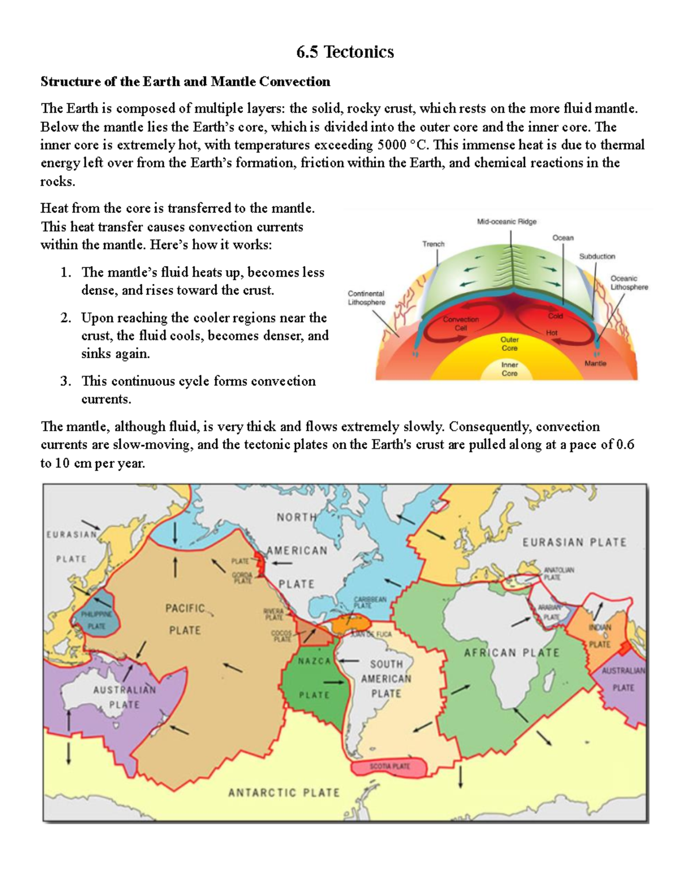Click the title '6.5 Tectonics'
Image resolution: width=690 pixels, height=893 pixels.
(345, 52)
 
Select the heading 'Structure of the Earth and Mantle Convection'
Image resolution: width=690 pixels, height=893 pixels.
(185, 82)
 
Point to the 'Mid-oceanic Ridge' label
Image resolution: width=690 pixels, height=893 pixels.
(507, 221)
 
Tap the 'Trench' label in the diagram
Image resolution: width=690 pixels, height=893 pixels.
(434, 244)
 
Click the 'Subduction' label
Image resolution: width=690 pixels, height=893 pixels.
(597, 256)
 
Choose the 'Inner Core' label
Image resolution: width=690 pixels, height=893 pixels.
(509, 369)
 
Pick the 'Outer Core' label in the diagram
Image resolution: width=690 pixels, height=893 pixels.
(509, 344)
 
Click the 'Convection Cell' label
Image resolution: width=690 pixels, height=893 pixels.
(461, 324)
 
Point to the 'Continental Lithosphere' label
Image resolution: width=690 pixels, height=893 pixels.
(366, 298)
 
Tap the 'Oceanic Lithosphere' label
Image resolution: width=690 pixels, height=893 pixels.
(628, 282)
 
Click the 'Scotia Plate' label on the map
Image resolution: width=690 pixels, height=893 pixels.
(389, 766)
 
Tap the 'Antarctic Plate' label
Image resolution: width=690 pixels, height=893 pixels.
(284, 793)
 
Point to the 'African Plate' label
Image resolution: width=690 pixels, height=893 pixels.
(511, 653)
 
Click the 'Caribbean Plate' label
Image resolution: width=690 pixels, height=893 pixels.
(370, 602)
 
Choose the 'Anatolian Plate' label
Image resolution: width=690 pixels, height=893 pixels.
(559, 573)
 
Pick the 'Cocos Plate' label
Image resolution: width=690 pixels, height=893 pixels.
(282, 636)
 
